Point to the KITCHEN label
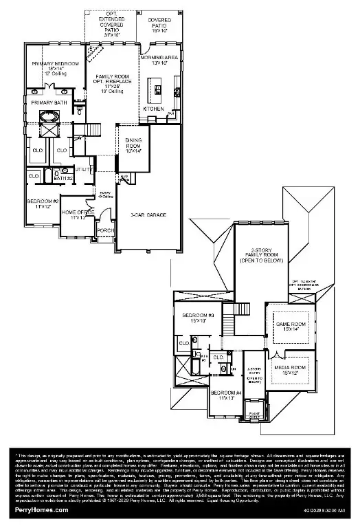click(153, 109)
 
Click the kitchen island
click(157, 88)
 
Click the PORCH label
click(106, 230)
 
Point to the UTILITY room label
click(83, 168)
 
